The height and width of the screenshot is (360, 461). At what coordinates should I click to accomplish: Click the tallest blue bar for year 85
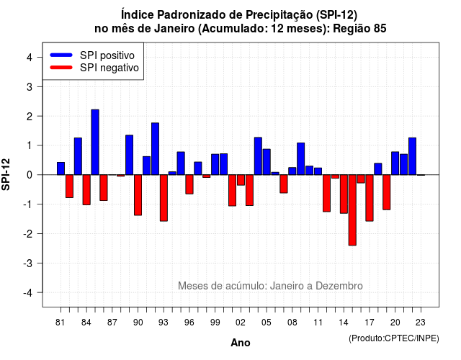(95, 143)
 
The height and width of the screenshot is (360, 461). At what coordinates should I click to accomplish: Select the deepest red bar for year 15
(352, 210)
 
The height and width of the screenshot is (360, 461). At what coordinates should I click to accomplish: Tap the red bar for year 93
(164, 198)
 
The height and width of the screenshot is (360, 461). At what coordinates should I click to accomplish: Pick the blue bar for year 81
(61, 168)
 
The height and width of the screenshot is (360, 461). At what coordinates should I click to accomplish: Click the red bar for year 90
(138, 195)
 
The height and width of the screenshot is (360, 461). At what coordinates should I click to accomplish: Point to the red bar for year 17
(370, 198)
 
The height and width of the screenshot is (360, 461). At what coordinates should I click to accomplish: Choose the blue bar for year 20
(395, 163)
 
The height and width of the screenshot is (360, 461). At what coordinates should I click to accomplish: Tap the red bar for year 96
(189, 184)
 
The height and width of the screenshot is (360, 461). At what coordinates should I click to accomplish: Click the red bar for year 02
(241, 180)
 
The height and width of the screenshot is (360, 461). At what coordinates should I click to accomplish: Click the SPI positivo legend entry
(92, 55)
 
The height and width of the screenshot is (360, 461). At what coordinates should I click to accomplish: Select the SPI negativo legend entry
(94, 68)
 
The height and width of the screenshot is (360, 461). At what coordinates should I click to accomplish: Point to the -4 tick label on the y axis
(29, 293)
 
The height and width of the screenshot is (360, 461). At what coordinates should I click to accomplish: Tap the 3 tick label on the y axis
(30, 86)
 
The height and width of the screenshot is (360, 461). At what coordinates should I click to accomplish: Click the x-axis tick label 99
(215, 323)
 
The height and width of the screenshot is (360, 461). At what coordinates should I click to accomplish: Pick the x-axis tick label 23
(421, 323)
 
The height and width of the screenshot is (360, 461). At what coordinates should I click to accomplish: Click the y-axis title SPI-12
(6, 174)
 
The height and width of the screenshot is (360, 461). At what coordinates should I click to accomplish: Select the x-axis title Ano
(241, 343)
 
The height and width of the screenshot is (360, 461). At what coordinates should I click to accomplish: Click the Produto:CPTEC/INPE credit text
(394, 338)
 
